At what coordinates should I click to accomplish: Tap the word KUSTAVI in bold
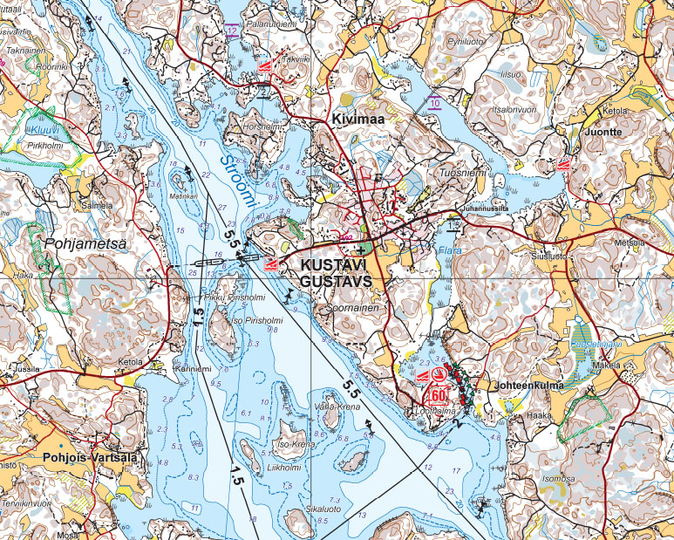[x=335, y=264]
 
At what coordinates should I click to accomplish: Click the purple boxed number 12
[x=231, y=31]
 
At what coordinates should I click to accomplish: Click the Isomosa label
[x=558, y=478]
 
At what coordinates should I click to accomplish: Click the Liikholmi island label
[x=258, y=468]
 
